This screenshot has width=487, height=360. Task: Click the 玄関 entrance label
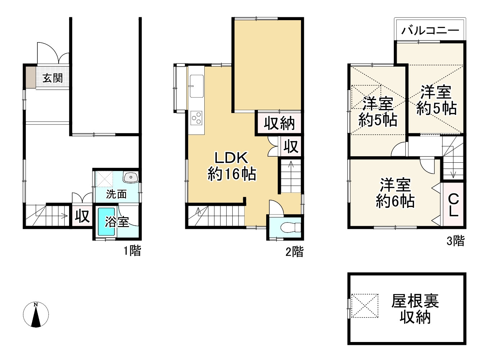coord(53,78)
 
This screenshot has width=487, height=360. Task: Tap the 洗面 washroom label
coord(116,194)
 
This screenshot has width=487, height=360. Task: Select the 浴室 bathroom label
coord(117,221)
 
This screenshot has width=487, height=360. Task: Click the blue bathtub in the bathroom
coord(106,222)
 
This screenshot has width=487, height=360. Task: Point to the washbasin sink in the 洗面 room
coord(131,177)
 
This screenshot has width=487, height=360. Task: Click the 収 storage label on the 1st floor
coord(82,216)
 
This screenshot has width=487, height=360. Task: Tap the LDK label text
coord(231,158)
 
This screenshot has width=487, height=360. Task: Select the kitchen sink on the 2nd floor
coord(196,86)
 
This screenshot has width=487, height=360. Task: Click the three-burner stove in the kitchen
coord(196,118)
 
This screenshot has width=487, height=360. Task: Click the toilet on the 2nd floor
coord(291,227)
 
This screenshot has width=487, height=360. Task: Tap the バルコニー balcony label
coord(430,31)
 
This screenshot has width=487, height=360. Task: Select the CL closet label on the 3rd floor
coord(453,206)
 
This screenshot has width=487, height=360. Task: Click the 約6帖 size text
coord(395,201)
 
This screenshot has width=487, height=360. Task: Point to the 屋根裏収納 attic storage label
coord(415,309)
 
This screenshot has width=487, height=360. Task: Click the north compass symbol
coord(36,315)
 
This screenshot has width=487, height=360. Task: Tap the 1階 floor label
coord(132,251)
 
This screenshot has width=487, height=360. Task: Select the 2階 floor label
coord(295,252)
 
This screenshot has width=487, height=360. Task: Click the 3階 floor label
coord(456,240)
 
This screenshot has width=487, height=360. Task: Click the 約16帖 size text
coord(232,174)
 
